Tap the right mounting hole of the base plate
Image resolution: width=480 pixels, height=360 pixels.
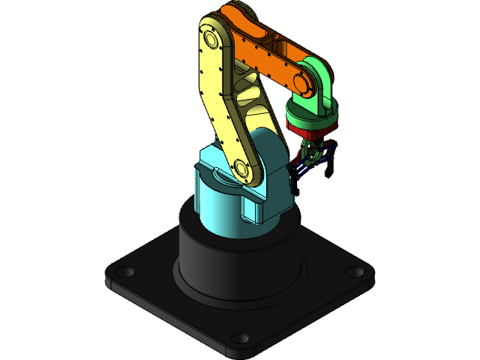354,271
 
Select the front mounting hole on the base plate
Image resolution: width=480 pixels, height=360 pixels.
239,337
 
